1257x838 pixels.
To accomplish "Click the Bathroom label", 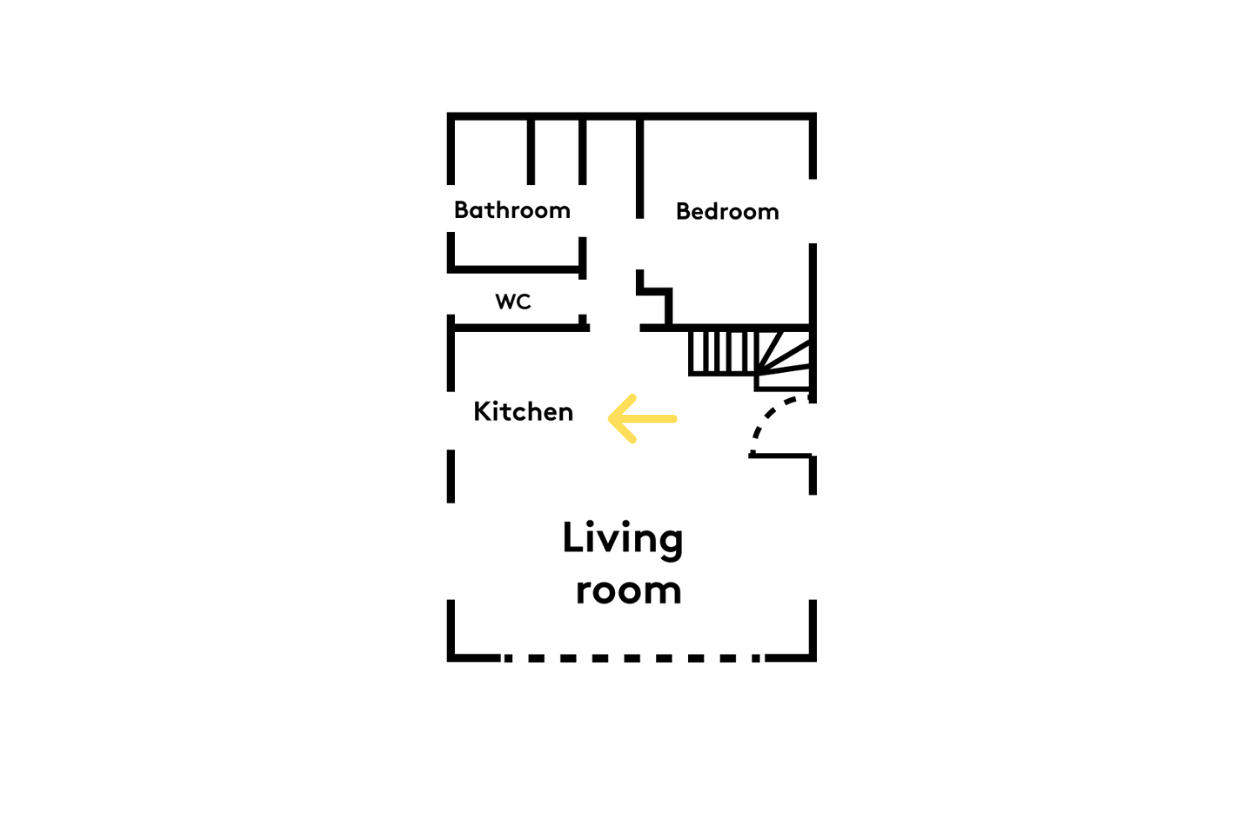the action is tap(512, 210).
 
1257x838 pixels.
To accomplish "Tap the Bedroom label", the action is tap(727, 212).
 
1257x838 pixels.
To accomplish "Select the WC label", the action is tap(513, 302).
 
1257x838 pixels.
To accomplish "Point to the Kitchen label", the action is tap(523, 411).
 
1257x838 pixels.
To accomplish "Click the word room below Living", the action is tap(628, 591).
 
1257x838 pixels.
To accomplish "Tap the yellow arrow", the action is tap(643, 419).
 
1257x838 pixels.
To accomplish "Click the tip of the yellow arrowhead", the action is tap(609, 419).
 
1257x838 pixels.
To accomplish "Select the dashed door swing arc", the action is tap(768, 416).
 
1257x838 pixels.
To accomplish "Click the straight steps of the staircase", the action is tap(722, 353).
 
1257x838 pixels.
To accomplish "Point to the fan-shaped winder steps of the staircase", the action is tap(784, 360).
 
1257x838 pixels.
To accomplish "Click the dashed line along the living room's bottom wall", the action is tap(633, 658).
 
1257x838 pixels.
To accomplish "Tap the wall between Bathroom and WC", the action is tap(516, 270).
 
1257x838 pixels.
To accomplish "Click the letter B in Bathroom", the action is tap(462, 210).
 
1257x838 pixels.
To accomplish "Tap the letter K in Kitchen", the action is tap(482, 411).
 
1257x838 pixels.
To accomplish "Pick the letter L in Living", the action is tap(574, 537).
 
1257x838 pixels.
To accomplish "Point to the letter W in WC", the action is tap(504, 302).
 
